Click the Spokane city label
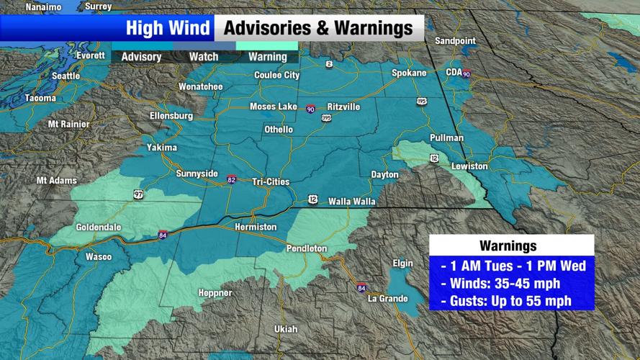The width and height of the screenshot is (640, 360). pyautogui.click(x=409, y=73)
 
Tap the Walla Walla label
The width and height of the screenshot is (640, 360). pyautogui.click(x=351, y=202)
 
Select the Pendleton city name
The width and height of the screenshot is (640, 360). pyautogui.click(x=307, y=248)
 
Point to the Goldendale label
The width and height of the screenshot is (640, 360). pyautogui.click(x=99, y=227)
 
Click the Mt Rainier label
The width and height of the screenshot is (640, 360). pyautogui.click(x=68, y=124)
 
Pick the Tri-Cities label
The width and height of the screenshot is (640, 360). pyautogui.click(x=271, y=181)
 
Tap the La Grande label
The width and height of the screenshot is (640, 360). pyautogui.click(x=388, y=299)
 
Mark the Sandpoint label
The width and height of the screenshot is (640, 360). pyautogui.click(x=456, y=41)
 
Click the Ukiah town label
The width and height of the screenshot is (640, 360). pyautogui.click(x=286, y=329)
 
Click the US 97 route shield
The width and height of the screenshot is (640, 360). pyautogui.click(x=138, y=194)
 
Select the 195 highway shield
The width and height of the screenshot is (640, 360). pyautogui.click(x=422, y=102)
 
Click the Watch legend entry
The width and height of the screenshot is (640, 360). pyautogui.click(x=204, y=57)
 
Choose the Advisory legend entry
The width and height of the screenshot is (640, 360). pyautogui.click(x=141, y=57)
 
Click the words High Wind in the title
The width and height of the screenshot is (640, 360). pyautogui.click(x=168, y=29)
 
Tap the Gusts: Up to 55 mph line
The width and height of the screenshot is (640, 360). pyautogui.click(x=511, y=300)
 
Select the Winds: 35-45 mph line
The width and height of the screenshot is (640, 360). pyautogui.click(x=511, y=283)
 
